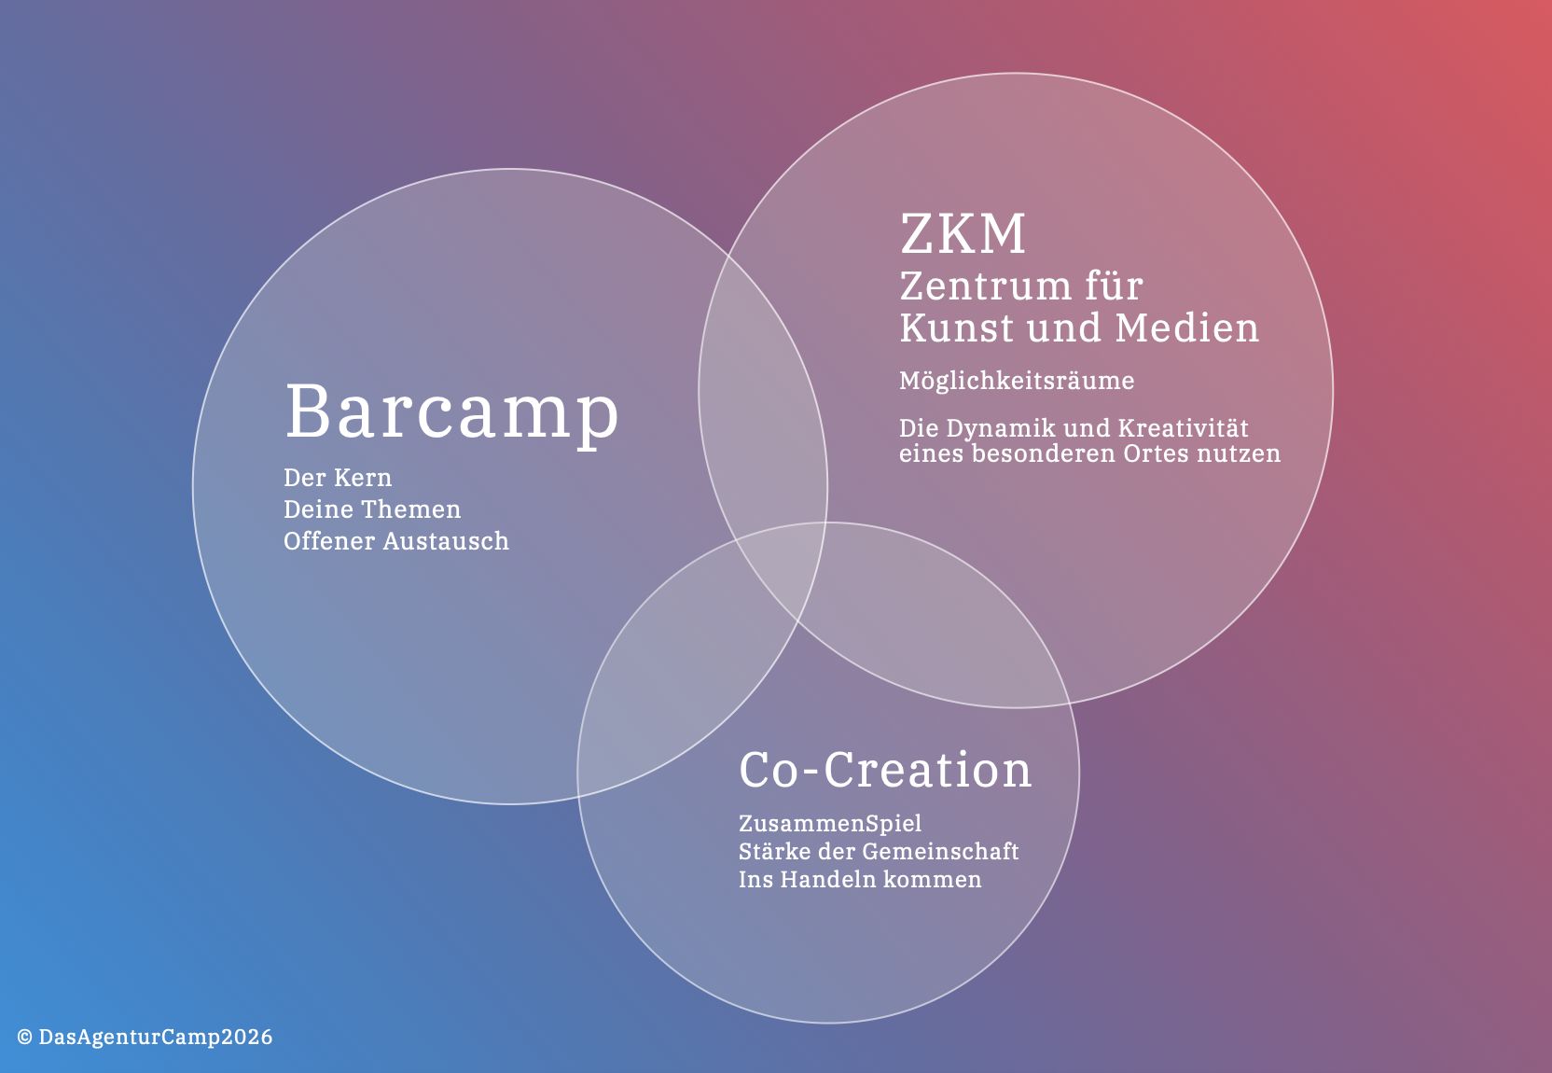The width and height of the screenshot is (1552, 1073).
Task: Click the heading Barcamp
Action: (x=451, y=414)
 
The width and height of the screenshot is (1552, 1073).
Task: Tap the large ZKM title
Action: (x=963, y=234)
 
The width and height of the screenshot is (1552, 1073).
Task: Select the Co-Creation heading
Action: (x=885, y=770)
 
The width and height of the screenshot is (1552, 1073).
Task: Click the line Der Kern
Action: (x=338, y=478)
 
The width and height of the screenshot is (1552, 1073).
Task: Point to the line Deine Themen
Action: (x=372, y=509)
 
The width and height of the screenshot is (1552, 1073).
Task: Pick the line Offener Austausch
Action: (x=396, y=541)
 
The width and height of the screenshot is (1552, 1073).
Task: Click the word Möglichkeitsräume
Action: (x=1017, y=382)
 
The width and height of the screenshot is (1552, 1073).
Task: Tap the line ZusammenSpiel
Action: (x=830, y=824)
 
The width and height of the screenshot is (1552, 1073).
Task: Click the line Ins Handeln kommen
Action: (x=860, y=880)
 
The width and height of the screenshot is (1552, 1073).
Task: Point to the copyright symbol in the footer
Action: (x=25, y=1037)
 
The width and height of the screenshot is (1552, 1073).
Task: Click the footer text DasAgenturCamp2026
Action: (x=156, y=1037)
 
